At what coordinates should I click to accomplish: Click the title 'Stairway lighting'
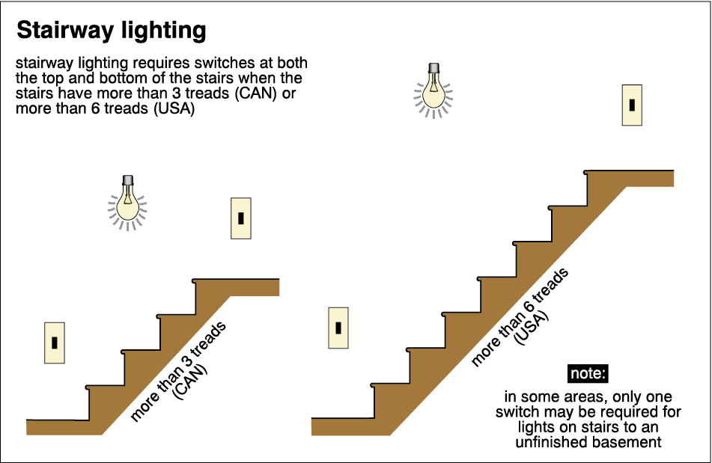[111, 31]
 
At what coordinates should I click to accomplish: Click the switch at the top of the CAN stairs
[241, 218]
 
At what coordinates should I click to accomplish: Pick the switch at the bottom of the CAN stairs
[55, 343]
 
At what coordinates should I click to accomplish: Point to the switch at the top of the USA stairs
[632, 105]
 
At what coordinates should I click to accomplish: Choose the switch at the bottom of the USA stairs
[338, 328]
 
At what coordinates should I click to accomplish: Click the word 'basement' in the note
[624, 442]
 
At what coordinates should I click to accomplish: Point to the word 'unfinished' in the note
[551, 442]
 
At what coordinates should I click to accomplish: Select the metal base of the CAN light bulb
[127, 181]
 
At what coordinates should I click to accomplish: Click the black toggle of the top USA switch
[632, 105]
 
